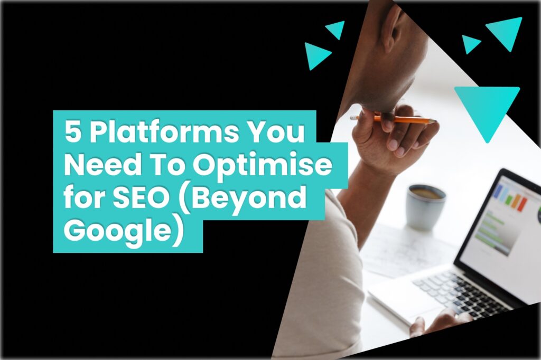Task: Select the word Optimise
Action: (x=262, y=165)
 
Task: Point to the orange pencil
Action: (x=394, y=119)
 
